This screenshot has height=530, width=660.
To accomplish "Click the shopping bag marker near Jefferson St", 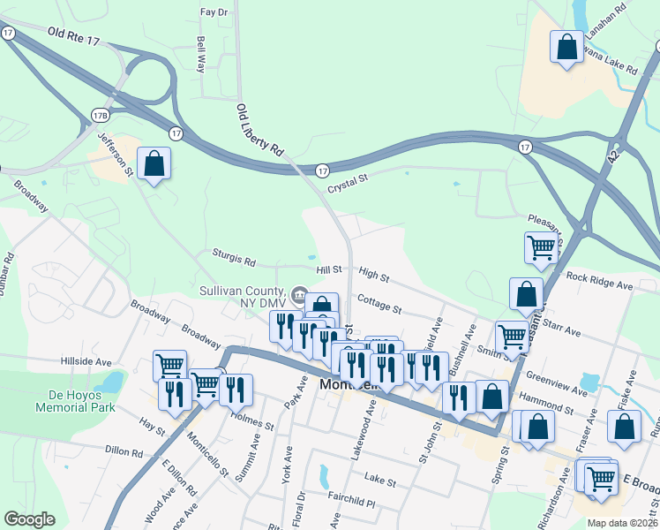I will click(x=154, y=163).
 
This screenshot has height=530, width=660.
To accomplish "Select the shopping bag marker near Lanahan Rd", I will click(x=566, y=46).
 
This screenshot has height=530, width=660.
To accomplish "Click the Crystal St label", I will click(x=347, y=188).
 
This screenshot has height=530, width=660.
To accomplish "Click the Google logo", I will click(x=29, y=519).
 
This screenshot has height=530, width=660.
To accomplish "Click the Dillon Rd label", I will click(x=124, y=450).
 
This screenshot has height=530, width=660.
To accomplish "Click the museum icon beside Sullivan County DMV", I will click(x=299, y=293).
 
